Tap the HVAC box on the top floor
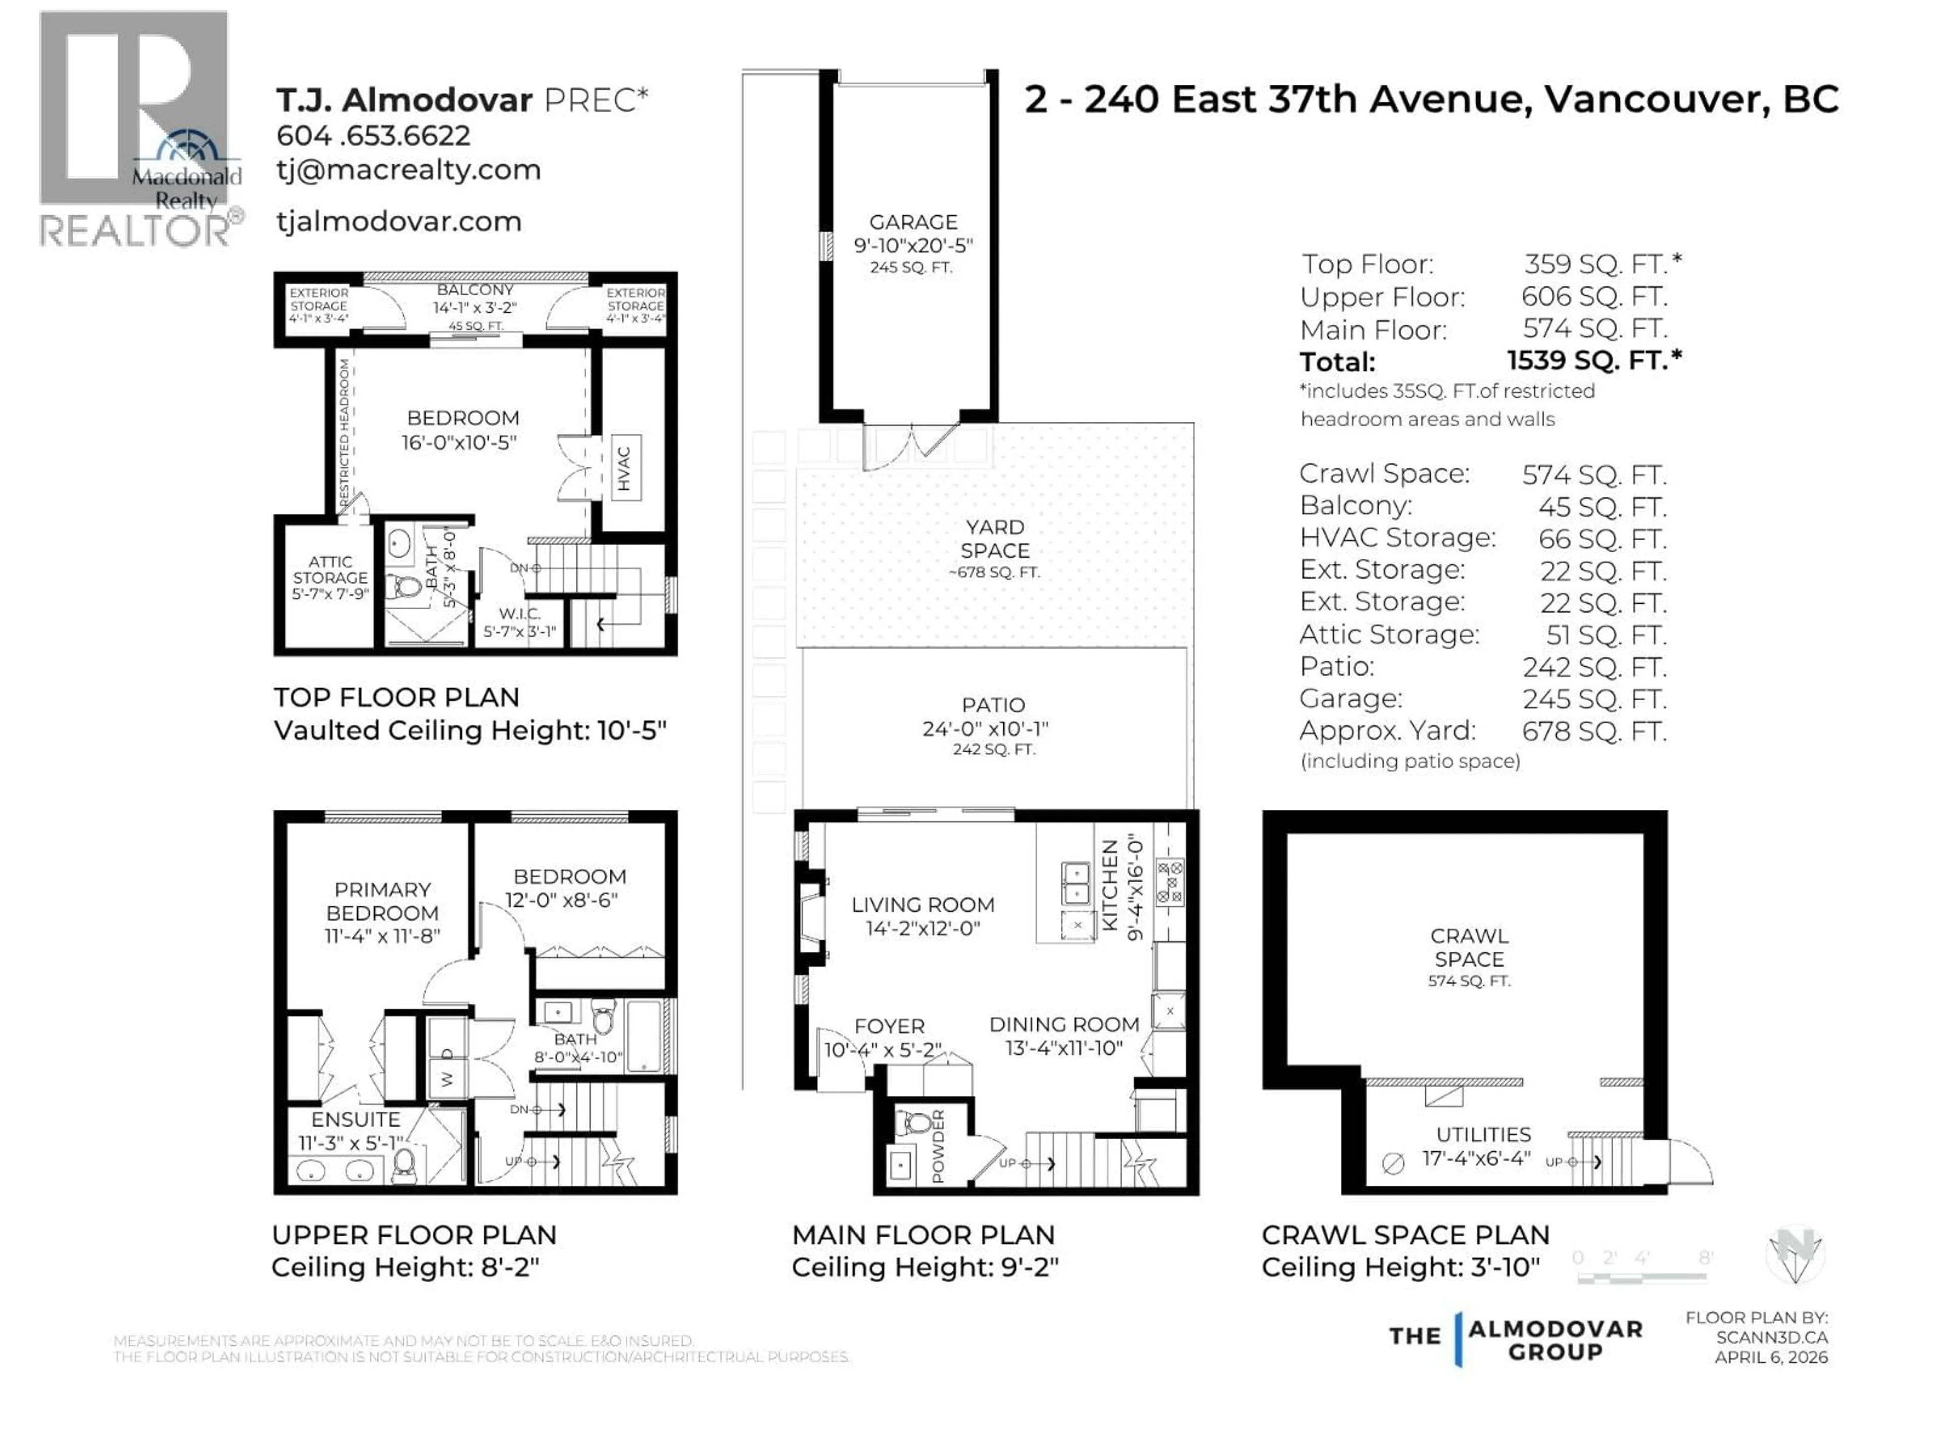pos(624,467)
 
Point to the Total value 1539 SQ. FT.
pos(1593,360)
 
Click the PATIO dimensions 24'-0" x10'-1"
pos(985,729)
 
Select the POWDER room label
pos(938,1145)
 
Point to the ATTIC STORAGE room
pos(330,577)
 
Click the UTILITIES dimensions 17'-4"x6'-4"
pos(1476,1158)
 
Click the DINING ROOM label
pos(1064,1025)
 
